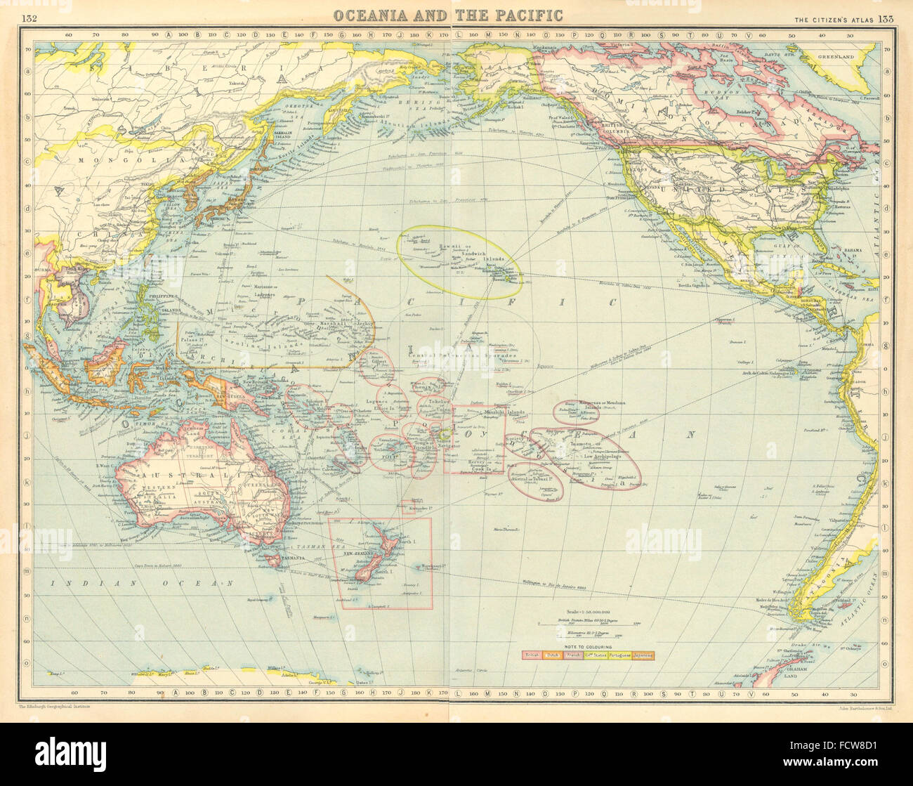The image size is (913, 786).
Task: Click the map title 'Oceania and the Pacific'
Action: pyautogui.click(x=447, y=15)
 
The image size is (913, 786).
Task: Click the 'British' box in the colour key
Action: pyautogui.click(x=532, y=655)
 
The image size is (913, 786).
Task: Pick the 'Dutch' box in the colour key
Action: pyautogui.click(x=554, y=655)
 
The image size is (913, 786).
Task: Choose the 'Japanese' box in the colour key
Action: pyautogui.click(x=643, y=655)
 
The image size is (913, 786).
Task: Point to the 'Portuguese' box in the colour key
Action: pyautogui.click(x=620, y=655)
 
